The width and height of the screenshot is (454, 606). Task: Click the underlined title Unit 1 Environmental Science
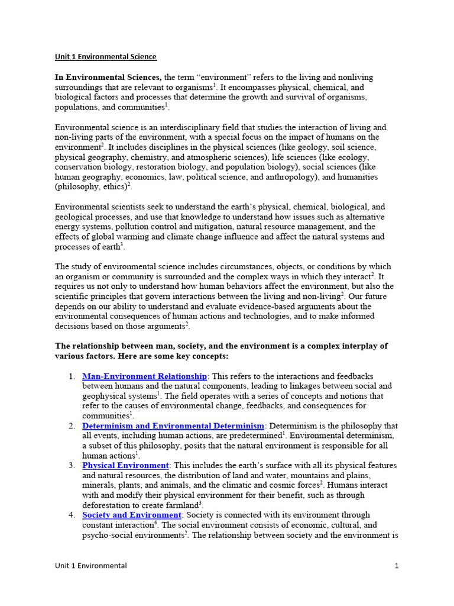106,57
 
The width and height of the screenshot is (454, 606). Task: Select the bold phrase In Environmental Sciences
108,78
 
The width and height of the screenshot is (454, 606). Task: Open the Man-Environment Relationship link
144,376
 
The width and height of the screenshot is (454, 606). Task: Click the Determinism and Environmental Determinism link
173,426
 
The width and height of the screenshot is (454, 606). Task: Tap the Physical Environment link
125,466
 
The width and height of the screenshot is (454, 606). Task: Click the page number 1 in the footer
397,566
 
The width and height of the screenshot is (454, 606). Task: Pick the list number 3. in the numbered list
72,466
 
